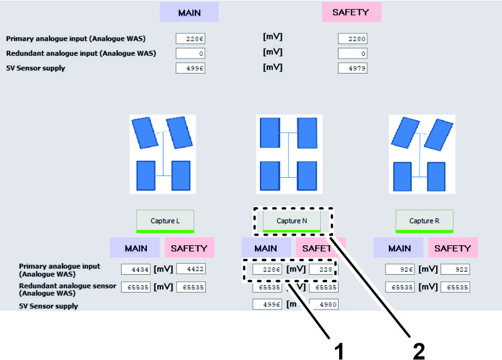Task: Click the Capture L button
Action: coord(165,221)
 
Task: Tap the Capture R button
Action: coord(424,221)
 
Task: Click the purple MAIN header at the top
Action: coord(189,12)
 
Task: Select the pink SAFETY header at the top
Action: coord(351,12)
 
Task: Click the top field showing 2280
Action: coord(353,39)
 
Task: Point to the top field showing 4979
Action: coord(353,69)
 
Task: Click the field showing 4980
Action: coord(324,305)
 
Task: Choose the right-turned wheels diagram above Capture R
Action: coord(422,154)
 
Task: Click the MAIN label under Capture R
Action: coord(399,249)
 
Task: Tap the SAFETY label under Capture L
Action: coord(189,249)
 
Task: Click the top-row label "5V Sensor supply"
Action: coord(36,69)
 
